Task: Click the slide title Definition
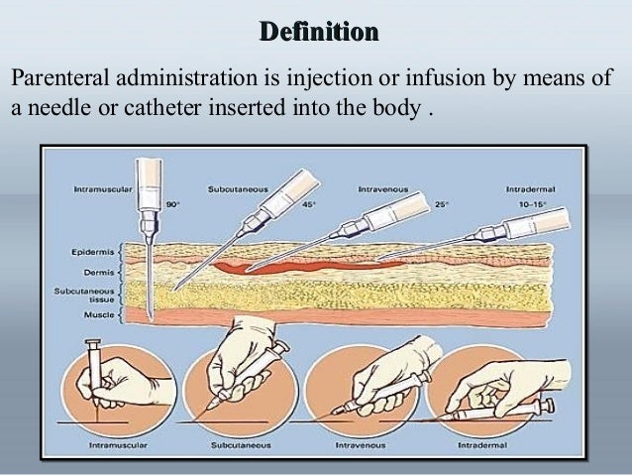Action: click(x=318, y=33)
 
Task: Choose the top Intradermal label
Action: click(x=537, y=187)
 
